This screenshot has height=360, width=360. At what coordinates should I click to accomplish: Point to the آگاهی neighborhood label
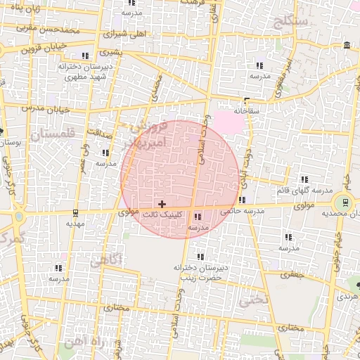(106, 261)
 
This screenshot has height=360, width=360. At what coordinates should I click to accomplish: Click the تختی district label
(253, 300)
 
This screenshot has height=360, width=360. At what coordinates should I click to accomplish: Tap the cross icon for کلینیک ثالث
(162, 203)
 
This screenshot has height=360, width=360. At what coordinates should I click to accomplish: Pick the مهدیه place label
(75, 223)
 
